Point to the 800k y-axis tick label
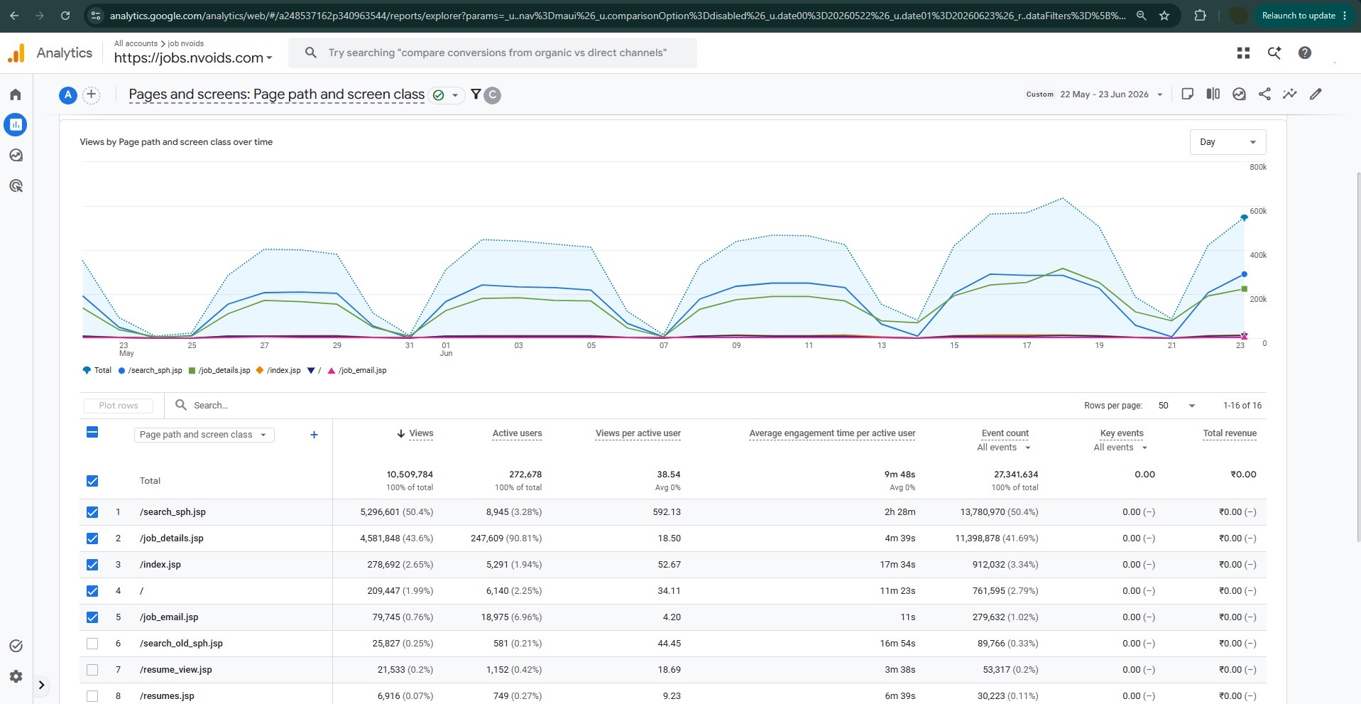pyautogui.click(x=1258, y=167)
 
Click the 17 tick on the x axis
pyautogui.click(x=1027, y=345)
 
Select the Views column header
pyautogui.click(x=420, y=433)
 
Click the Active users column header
pyautogui.click(x=517, y=433)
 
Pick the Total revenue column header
pyautogui.click(x=1230, y=433)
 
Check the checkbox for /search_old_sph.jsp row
pyautogui.click(x=92, y=644)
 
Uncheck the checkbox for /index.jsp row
pyautogui.click(x=92, y=565)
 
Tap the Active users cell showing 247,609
pyautogui.click(x=505, y=538)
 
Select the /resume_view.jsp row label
pyautogui.click(x=176, y=670)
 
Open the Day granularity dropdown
pyautogui.click(x=1228, y=142)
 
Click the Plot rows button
pyautogui.click(x=119, y=406)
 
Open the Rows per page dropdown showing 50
pyautogui.click(x=1176, y=406)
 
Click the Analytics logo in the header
pyautogui.click(x=16, y=53)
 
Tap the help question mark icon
pyautogui.click(x=1304, y=53)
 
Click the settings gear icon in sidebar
pyautogui.click(x=16, y=676)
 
